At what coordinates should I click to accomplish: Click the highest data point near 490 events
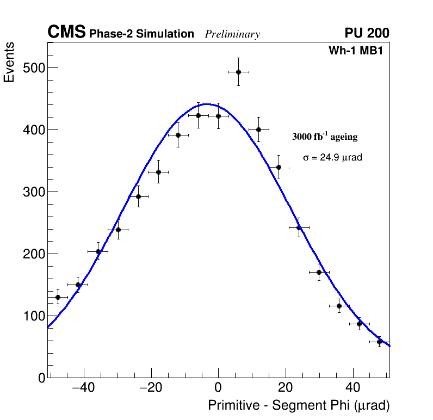coord(238,72)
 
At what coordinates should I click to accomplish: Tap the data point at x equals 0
coord(218,116)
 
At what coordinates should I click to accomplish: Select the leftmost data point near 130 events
coord(58,297)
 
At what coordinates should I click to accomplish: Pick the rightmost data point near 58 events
coord(380,342)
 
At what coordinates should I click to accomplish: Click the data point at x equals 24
coord(299,227)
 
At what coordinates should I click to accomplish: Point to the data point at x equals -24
coord(138,196)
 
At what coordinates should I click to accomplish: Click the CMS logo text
coord(66,33)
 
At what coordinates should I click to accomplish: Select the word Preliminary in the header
coord(232,34)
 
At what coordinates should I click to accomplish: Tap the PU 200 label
coord(367,33)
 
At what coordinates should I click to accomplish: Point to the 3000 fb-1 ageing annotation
coord(325,137)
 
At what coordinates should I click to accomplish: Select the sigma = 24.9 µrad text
coord(332,157)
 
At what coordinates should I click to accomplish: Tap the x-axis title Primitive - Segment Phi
coord(299,405)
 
